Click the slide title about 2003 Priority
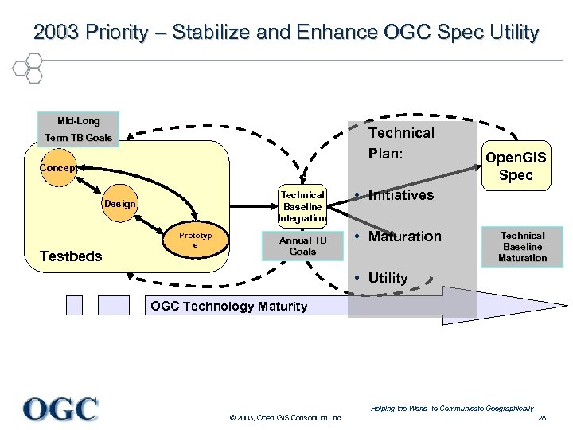pyautogui.click(x=286, y=33)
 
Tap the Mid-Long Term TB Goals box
pyautogui.click(x=79, y=129)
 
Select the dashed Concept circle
pyautogui.click(x=58, y=168)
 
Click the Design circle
pyautogui.click(x=119, y=205)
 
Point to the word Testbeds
pyautogui.click(x=71, y=256)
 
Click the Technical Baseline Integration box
pyautogui.click(x=302, y=206)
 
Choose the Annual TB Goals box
pyautogui.click(x=302, y=246)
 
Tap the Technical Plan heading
pyautogui.click(x=401, y=143)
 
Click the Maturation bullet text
pyautogui.click(x=403, y=236)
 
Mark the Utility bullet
pyautogui.click(x=387, y=278)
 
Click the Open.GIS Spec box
pyautogui.click(x=516, y=166)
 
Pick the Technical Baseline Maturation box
pyautogui.click(x=522, y=247)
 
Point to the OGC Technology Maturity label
pyautogui.click(x=228, y=307)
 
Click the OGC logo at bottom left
pyautogui.click(x=60, y=408)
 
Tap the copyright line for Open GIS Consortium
pyautogui.click(x=286, y=418)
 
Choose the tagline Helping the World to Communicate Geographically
pyautogui.click(x=451, y=408)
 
